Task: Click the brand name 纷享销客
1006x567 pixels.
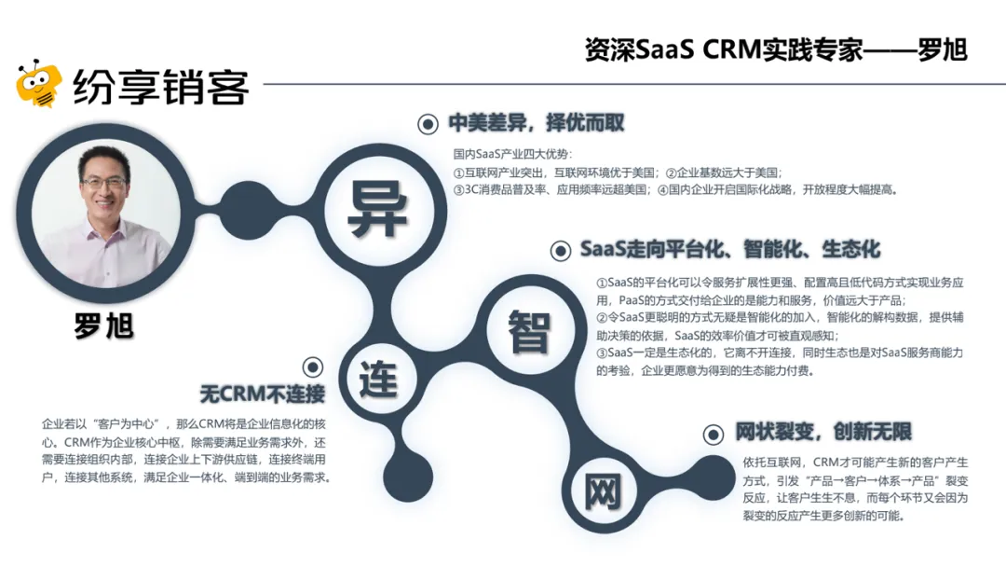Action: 161,88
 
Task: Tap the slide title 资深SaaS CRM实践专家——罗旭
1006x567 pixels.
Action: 776,48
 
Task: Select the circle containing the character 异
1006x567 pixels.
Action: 377,210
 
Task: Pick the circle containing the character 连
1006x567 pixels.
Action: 378,380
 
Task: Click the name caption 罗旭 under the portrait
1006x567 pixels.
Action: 103,325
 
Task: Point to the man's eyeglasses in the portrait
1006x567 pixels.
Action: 104,184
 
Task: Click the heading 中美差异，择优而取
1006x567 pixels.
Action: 536,123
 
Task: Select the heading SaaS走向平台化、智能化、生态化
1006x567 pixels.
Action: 729,250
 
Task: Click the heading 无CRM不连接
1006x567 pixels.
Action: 262,394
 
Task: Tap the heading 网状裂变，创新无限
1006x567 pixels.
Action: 822,432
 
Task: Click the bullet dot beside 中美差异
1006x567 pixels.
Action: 428,124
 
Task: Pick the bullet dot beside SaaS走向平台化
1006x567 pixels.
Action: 561,250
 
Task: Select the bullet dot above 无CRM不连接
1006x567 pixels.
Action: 313,366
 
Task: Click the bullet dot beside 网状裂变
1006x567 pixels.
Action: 713,434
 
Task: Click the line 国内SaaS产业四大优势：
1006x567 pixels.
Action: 513,154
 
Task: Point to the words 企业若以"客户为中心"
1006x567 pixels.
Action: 103,423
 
